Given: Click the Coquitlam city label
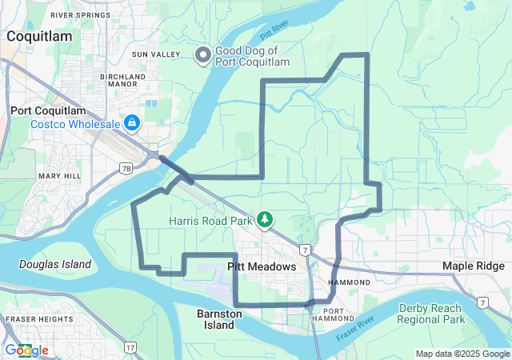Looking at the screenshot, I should click(x=39, y=36).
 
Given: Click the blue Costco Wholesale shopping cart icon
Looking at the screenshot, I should click(x=131, y=123).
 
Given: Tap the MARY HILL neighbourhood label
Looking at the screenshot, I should click(x=55, y=174).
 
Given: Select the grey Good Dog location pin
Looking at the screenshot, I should click(x=203, y=54).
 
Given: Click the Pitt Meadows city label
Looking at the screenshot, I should click(x=262, y=266).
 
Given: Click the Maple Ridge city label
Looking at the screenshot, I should click(x=475, y=266).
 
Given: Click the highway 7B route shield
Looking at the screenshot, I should click(x=126, y=168).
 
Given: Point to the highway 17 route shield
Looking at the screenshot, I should click(x=130, y=346).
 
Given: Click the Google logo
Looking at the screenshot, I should click(x=26, y=350).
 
